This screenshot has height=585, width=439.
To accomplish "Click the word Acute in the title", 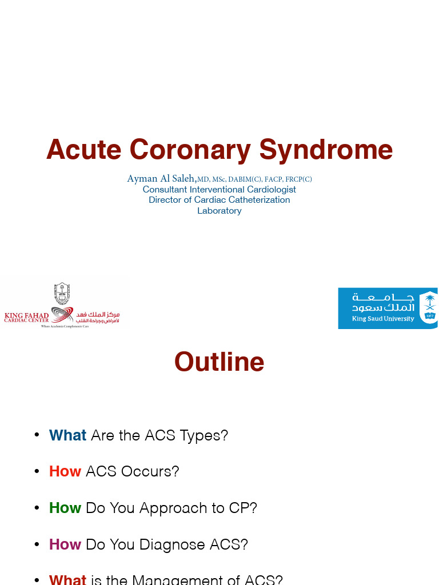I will tap(83, 150).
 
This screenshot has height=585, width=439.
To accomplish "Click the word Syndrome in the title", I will tap(326, 150).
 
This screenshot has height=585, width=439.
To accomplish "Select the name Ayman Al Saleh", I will tap(161, 179).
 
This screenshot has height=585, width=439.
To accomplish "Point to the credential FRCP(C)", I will tap(299, 179).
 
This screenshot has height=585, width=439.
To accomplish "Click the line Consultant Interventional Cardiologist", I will tap(219, 190).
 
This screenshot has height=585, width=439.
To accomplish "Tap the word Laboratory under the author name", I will tap(219, 211).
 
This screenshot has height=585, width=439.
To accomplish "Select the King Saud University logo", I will tap(388, 308).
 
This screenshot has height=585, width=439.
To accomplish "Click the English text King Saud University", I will tap(383, 319).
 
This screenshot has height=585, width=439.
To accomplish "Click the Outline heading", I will tap(219, 362).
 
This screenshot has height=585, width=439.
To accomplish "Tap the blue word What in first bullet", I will tap(67, 435).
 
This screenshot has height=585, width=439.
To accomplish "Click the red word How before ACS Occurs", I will tap(65, 471).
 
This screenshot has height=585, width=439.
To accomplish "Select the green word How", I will tap(65, 508).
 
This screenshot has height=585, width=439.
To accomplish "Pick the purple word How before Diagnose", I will tap(65, 544).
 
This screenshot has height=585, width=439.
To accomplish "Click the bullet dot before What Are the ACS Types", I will tap(37, 435).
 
